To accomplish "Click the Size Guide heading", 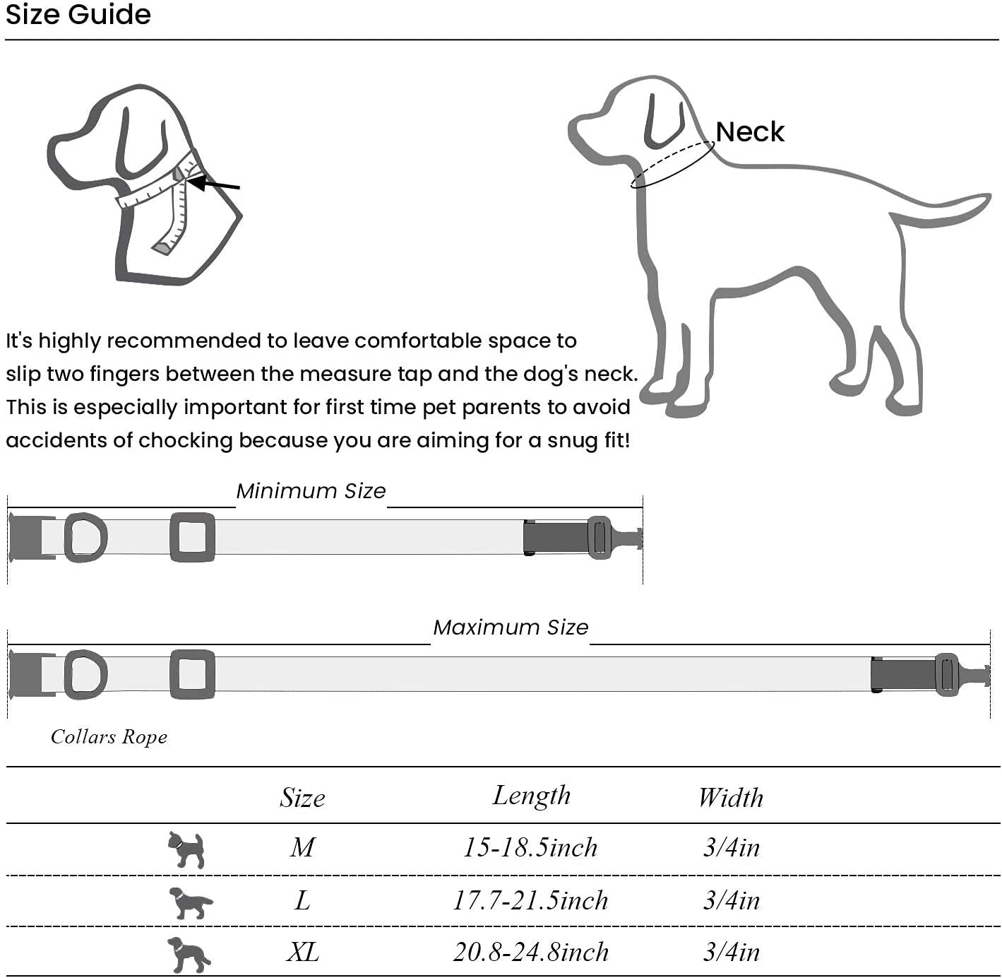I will click(x=78, y=15).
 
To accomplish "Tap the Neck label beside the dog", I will click(x=749, y=132).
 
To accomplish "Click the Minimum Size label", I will click(x=311, y=491).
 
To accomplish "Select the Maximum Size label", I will click(x=511, y=628).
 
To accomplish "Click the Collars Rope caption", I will click(x=109, y=737).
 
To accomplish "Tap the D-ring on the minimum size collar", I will click(x=85, y=538).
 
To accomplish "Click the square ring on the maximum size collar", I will click(x=192, y=674).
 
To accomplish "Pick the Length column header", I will click(x=531, y=796).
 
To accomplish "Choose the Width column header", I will click(x=730, y=798).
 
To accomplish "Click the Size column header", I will click(x=302, y=798).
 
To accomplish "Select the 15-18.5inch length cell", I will click(x=530, y=847).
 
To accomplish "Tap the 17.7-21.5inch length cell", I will click(x=530, y=900).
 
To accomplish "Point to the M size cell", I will click(x=302, y=847).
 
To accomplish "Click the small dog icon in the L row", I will click(x=189, y=902).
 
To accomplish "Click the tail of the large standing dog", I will click(x=946, y=212).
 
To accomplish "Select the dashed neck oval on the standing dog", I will click(x=672, y=165).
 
